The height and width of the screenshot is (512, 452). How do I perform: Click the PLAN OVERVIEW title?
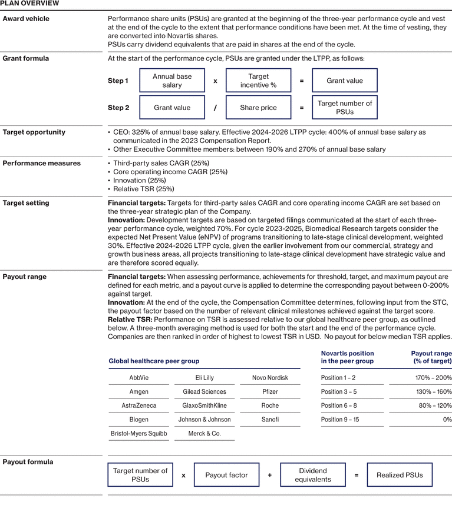click(29, 4)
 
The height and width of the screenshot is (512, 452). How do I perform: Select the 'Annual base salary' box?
click(172, 81)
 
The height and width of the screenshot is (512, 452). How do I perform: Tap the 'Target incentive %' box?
click(258, 81)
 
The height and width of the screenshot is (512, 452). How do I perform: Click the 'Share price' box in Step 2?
click(258, 108)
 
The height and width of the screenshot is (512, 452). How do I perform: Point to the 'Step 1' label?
click(118, 81)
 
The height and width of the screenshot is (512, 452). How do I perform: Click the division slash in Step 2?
click(215, 108)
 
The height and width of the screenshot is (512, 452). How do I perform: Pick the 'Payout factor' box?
click(226, 475)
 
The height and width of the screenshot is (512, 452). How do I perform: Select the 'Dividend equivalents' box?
click(312, 475)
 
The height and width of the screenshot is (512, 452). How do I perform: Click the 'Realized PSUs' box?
click(400, 475)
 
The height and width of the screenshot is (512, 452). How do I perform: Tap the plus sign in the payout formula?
click(269, 475)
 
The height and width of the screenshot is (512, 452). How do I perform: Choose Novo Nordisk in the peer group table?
click(269, 378)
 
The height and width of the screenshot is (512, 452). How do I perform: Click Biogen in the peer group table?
click(139, 420)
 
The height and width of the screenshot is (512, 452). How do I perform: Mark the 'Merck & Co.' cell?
click(204, 434)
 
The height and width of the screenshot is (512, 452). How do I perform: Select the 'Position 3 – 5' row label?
click(339, 392)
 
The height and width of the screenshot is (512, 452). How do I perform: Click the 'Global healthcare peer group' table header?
click(154, 361)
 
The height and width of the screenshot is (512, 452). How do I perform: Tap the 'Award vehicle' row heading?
click(26, 19)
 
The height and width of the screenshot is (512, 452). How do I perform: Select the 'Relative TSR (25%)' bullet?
click(144, 189)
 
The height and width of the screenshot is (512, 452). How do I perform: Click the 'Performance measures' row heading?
click(41, 163)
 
